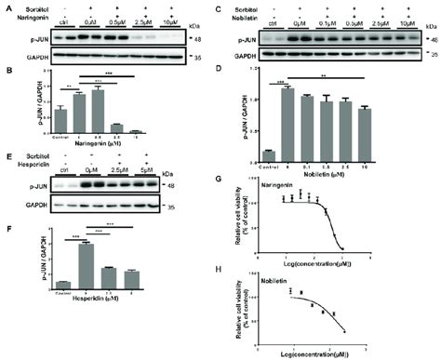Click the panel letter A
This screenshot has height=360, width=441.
coord(5,7)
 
